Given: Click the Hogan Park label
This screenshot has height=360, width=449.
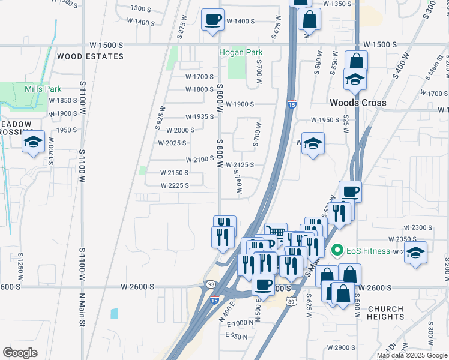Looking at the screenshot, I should point(241,52).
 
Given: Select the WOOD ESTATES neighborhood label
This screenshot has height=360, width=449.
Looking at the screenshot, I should point(90,56).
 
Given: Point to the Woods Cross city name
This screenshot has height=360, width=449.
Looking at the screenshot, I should point(358,103).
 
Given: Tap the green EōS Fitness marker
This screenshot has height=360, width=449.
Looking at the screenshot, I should point(336,250).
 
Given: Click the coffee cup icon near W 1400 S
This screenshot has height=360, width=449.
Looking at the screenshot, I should point(212,20).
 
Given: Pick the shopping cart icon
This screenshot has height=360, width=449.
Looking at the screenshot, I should point(276,232).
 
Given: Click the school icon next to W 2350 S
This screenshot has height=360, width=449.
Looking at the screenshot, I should point(415,252).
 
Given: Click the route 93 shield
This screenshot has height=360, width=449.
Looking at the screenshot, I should point(211,284).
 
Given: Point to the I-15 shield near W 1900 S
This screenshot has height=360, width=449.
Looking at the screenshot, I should point(292,104).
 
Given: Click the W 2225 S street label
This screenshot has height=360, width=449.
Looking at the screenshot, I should point(175,185).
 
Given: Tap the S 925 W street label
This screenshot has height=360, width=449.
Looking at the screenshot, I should point(160,115).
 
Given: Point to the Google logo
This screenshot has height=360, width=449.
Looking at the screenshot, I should point(20,352).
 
